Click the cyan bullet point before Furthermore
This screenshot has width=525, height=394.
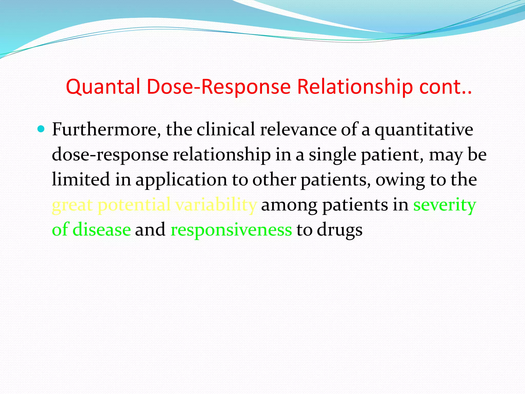[41, 128]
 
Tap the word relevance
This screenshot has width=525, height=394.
[298, 130]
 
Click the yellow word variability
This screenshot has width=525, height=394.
[216, 205]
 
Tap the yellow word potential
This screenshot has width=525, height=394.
[134, 205]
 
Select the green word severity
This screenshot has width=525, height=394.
[445, 205]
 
